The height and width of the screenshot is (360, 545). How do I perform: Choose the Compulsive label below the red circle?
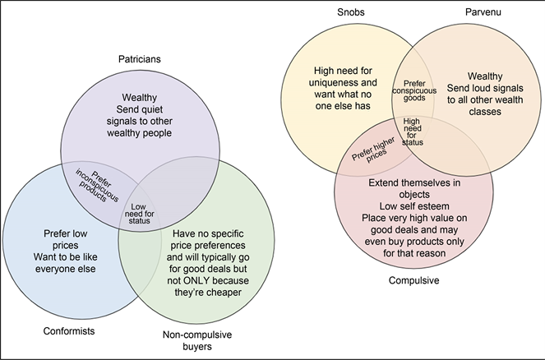click(x=415, y=279)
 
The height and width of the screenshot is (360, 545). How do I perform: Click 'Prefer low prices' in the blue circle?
click(x=61, y=238)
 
